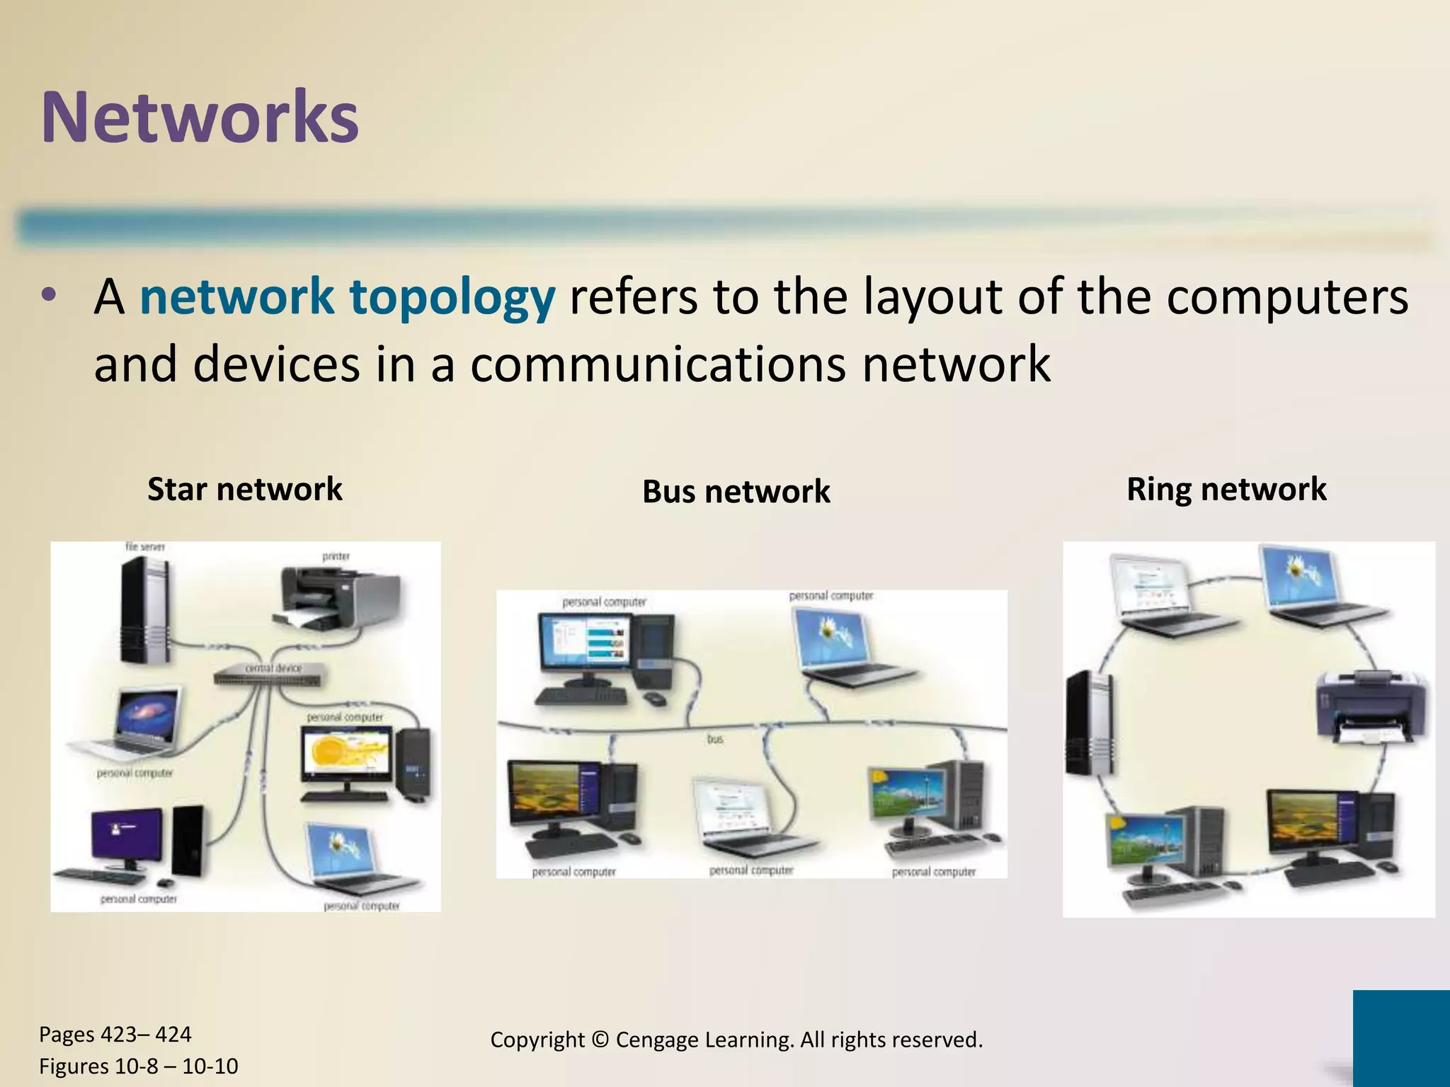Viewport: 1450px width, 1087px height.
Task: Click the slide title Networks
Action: click(200, 117)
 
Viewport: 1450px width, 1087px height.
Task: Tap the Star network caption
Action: click(244, 489)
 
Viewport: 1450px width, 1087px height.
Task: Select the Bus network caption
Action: click(736, 492)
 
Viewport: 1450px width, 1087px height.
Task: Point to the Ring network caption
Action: click(1226, 489)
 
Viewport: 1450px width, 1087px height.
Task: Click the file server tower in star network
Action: click(144, 610)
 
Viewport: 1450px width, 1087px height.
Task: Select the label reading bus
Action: click(715, 739)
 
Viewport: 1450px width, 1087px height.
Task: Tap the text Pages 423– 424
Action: click(115, 1034)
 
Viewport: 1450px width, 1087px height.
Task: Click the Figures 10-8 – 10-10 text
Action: click(138, 1066)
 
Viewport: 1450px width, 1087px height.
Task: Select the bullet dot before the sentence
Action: click(48, 296)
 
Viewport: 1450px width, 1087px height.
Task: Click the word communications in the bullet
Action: click(658, 364)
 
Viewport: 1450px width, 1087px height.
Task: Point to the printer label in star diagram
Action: click(336, 556)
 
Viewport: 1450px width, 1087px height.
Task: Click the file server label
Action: click(144, 546)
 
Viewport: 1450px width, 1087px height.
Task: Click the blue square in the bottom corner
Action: click(1400, 1037)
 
